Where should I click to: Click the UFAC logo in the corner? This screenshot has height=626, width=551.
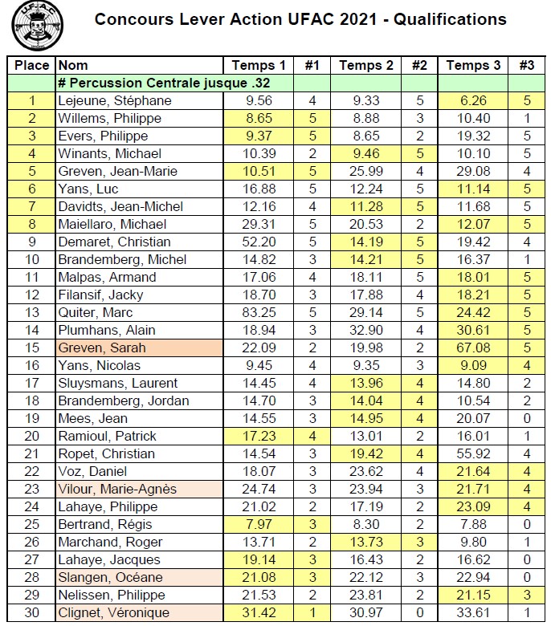(38, 26)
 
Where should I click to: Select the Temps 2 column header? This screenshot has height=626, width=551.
(366, 65)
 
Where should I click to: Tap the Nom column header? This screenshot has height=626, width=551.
(74, 65)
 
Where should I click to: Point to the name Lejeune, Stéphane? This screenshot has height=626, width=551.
(114, 100)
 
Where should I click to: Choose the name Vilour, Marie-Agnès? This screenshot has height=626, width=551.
(116, 489)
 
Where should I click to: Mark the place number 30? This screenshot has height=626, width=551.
(32, 612)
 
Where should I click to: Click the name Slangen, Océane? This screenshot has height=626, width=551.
(110, 577)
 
